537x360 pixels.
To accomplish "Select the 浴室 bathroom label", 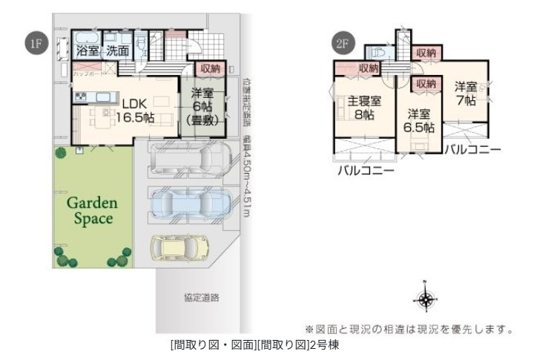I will tap(88, 51).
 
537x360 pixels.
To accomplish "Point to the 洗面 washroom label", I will tap(116, 51).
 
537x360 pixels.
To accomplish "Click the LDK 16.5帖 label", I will tap(138, 110).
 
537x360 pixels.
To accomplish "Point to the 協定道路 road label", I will tap(202, 298).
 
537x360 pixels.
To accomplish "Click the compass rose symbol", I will tap(424, 298).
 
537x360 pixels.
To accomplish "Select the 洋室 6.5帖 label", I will tap(418, 120).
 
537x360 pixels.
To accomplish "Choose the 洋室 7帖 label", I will tap(466, 94).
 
